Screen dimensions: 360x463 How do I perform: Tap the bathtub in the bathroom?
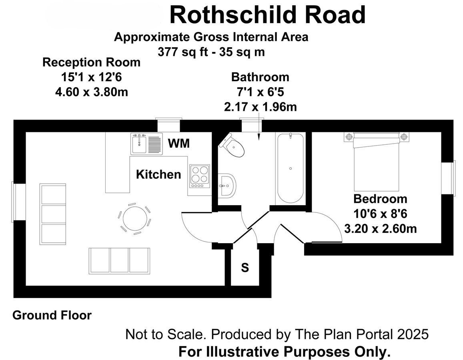[290, 168]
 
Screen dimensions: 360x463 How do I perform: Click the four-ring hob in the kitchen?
[199, 176]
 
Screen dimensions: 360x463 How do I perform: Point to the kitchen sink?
[144, 144]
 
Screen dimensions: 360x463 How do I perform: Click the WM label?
[179, 143]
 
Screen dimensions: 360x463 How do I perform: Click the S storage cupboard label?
[245, 268]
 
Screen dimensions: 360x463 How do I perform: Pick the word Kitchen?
[158, 174]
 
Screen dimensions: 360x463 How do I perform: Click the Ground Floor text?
[52, 315]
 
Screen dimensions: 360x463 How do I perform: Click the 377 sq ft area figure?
[180, 52]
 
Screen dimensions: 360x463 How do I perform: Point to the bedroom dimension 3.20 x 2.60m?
[381, 229]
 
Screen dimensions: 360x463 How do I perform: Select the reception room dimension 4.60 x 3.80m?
[91, 92]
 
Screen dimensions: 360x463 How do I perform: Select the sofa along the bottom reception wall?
[119, 260]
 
